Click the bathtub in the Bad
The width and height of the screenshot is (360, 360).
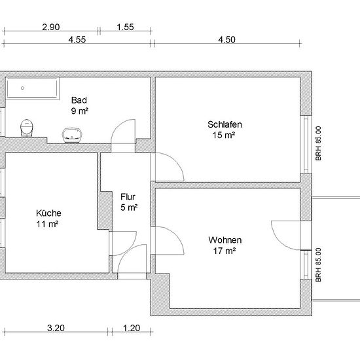[32, 88]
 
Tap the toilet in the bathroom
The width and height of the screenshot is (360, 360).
[27, 128]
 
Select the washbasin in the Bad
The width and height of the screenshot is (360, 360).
[72, 135]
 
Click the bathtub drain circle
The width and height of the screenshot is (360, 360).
[22, 88]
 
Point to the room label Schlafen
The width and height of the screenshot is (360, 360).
[225, 124]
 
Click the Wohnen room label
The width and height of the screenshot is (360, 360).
[225, 240]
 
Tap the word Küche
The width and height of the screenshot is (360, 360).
[48, 213]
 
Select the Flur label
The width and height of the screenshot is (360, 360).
[128, 197]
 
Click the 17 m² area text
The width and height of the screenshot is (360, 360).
[225, 251]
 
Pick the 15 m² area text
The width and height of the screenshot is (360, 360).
[224, 135]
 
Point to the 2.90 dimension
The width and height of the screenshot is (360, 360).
[51, 27]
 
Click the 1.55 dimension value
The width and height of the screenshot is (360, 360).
[125, 27]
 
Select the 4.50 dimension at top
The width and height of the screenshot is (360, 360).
[226, 39]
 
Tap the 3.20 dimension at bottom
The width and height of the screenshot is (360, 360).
[56, 328]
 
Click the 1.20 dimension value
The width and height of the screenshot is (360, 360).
[132, 328]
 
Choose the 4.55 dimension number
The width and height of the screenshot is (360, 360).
[77, 39]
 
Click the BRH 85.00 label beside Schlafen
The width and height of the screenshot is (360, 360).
[318, 143]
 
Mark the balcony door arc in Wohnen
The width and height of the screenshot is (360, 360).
[278, 241]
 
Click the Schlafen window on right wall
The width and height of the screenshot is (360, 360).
[306, 144]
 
